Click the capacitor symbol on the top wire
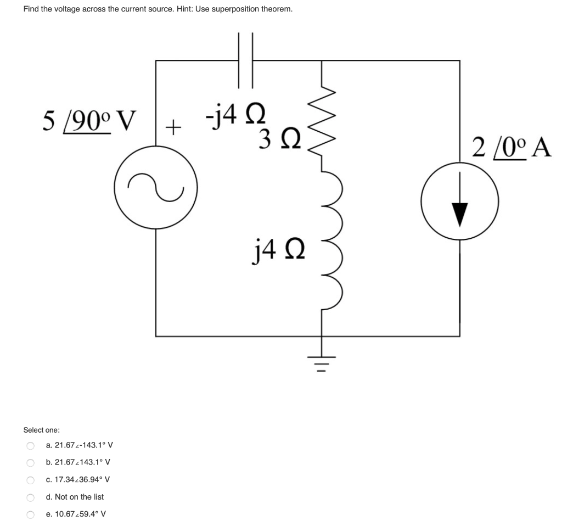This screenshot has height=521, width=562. coord(245,60)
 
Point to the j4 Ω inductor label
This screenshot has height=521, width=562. coord(277,253)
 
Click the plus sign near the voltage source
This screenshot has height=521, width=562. coord(173,128)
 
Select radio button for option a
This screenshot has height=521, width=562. coord(30,445)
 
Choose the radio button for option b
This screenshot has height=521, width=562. coord(30,462)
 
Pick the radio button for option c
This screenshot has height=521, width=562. coord(30,480)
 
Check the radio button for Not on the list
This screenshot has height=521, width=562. coord(30,497)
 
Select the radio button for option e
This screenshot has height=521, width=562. coord(30,514)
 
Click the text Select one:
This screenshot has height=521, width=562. coord(42,430)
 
